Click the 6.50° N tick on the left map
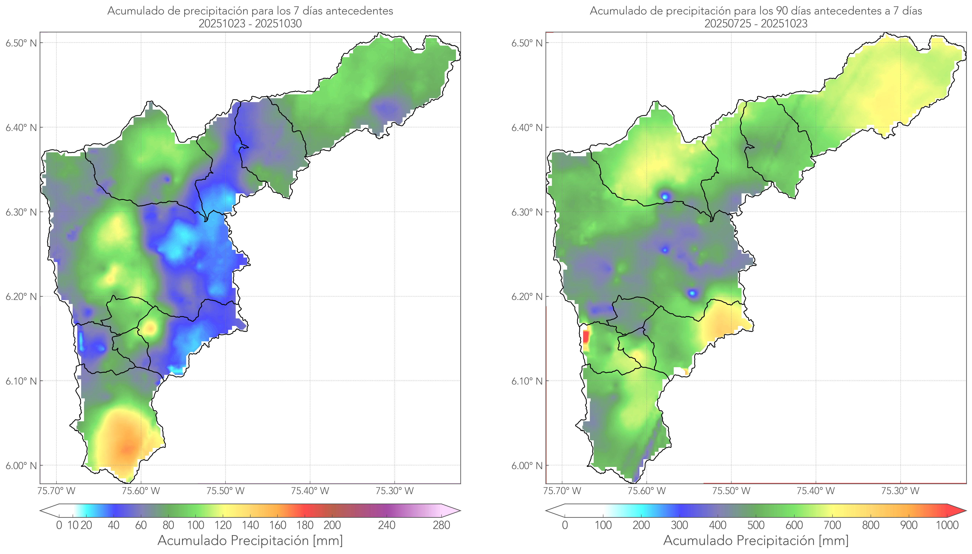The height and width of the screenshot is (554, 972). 21,43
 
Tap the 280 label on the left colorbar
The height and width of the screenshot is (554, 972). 441,525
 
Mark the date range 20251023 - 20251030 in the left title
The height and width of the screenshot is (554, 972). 250,24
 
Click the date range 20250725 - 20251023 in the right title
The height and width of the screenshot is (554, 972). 756,24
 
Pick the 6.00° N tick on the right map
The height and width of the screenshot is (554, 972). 527,466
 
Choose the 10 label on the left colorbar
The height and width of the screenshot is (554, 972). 73,525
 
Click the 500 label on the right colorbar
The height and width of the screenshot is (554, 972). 756,525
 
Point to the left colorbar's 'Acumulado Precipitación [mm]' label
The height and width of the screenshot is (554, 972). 250,540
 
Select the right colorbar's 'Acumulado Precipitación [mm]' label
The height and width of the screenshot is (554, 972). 756,540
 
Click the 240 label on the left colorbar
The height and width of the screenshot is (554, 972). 387,525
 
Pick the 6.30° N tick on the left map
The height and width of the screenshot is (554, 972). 21,212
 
